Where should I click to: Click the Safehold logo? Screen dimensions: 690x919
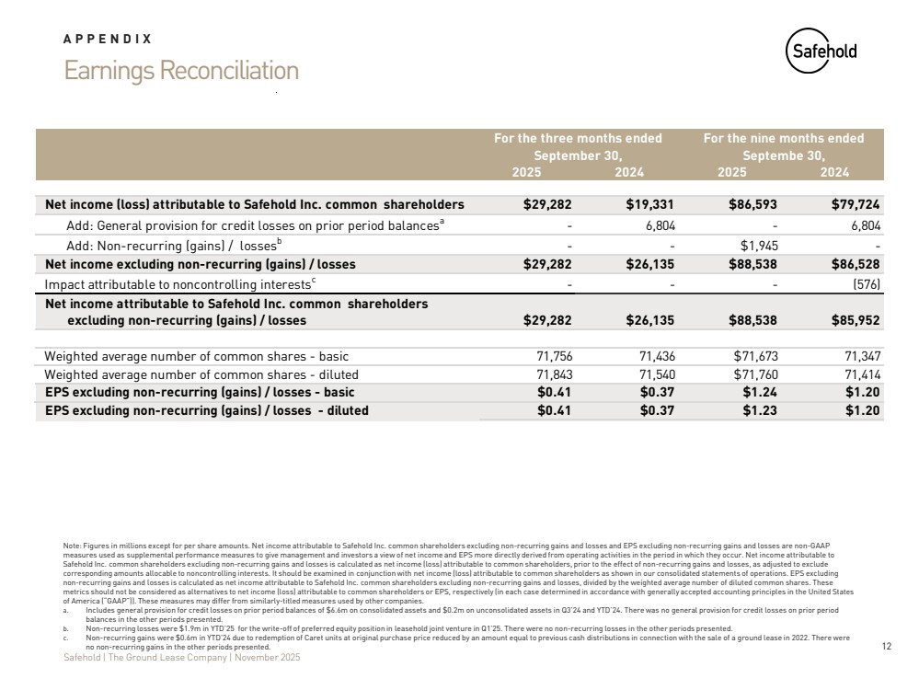pyautogui.click(x=821, y=52)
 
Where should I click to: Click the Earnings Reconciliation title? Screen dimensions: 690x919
pyautogui.click(x=181, y=71)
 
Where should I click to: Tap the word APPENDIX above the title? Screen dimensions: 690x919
pyautogui.click(x=108, y=40)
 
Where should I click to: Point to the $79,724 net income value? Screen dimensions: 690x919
pyautogui.click(x=857, y=204)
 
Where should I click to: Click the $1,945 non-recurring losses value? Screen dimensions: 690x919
pyautogui.click(x=761, y=246)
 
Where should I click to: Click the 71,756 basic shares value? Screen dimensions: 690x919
pyautogui.click(x=556, y=356)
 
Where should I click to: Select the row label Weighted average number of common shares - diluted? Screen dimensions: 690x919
pyautogui.click(x=201, y=374)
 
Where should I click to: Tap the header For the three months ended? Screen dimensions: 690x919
pyautogui.click(x=578, y=139)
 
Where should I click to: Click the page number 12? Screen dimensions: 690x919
pyautogui.click(x=887, y=648)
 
